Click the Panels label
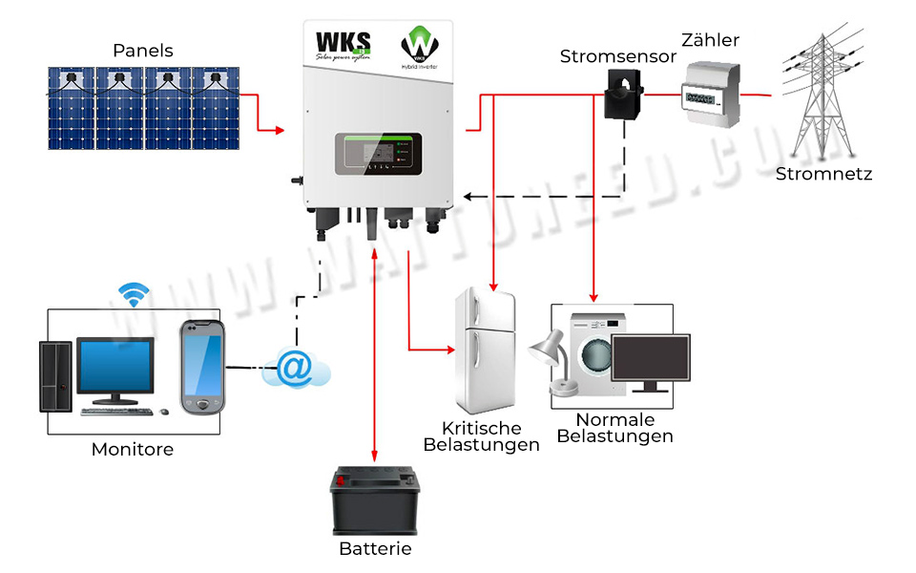[x=143, y=51]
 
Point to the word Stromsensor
[x=617, y=56]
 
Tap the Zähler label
[x=710, y=40]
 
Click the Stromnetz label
[x=823, y=174]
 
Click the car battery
[x=375, y=501]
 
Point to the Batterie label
[x=375, y=549]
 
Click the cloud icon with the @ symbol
[x=296, y=368]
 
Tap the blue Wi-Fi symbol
[x=135, y=291]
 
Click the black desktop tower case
[x=56, y=375]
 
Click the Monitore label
[x=133, y=449]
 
